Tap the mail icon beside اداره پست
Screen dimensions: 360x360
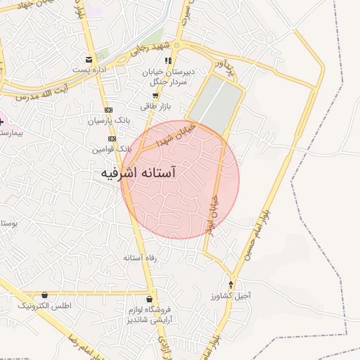(88, 59)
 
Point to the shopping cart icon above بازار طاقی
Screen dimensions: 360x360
(155, 95)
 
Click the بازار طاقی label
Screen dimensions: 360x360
(156, 106)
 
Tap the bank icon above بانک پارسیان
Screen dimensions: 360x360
(108, 110)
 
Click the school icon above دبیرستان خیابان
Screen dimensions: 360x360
(167, 61)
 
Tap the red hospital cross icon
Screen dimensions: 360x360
(2, 121)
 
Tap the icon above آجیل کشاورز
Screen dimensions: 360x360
(231, 284)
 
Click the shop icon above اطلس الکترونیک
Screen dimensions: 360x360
(46, 295)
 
